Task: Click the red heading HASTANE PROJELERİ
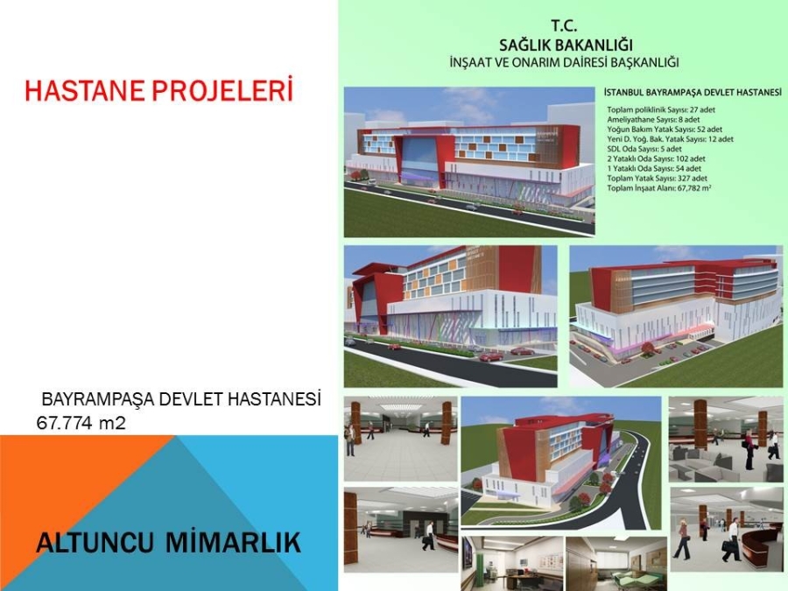tap(158, 90)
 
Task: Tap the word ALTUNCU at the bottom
tap(95, 543)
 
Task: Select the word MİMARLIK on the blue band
tap(233, 543)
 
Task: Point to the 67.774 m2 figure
tap(81, 423)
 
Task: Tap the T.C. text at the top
tap(564, 26)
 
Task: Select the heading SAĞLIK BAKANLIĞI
tap(566, 46)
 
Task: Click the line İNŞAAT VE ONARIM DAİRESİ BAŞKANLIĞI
tap(565, 63)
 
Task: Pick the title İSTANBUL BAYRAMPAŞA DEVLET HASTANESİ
tap(693, 93)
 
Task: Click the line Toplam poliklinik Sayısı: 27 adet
tap(661, 109)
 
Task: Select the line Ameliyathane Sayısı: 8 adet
tap(653, 120)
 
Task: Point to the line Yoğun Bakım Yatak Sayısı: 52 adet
tap(665, 130)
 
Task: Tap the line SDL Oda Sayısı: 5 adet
tap(644, 149)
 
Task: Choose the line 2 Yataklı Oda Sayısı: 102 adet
tap(657, 158)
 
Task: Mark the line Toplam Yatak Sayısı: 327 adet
tap(657, 179)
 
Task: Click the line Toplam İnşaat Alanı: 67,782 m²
tap(659, 188)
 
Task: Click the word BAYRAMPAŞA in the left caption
tap(98, 399)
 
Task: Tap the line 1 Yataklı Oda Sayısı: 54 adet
tap(654, 168)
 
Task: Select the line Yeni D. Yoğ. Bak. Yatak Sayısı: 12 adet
tap(670, 139)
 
